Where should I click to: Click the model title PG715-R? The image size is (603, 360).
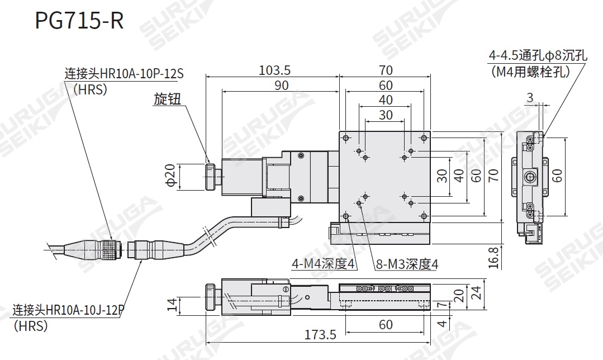coord(79,21)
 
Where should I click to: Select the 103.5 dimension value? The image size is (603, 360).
coord(274,70)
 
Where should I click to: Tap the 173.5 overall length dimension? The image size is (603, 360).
coord(320,335)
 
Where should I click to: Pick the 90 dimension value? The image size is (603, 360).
coord(281,85)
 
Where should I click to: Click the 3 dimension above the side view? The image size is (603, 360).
coord(529,98)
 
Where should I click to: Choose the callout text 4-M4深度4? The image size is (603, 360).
coord(324,264)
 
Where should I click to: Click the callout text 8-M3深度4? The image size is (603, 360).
coord(406,264)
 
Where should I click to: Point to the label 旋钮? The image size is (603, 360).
coord(168,99)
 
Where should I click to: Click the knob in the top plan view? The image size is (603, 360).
coord(210,177)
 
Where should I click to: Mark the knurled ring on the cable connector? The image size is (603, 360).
coord(110,249)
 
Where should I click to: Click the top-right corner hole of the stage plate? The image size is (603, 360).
coord(424,138)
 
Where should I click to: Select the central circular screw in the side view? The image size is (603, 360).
coord(529,177)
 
